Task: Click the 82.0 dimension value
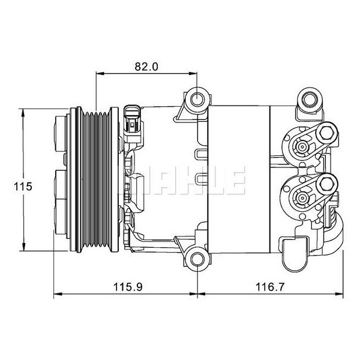146,67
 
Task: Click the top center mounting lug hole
196,99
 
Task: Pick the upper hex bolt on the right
328,133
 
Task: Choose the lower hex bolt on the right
328,183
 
